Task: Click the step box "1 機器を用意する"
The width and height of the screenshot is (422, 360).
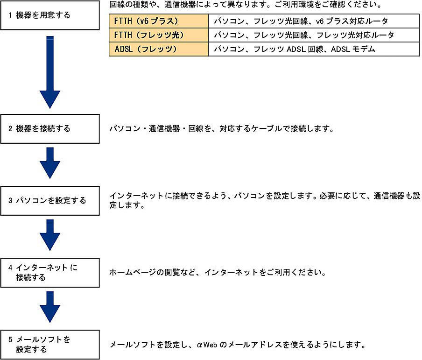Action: pos(50,15)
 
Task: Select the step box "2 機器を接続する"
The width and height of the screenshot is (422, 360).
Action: pos(50,128)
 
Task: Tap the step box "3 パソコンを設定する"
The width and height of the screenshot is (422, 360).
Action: pos(50,201)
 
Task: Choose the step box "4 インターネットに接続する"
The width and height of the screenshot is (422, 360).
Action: pos(50,273)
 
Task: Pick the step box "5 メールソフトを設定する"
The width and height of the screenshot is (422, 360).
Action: pos(50,345)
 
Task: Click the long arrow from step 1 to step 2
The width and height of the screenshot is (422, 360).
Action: pos(50,72)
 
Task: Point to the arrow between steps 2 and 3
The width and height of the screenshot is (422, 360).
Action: pos(50,163)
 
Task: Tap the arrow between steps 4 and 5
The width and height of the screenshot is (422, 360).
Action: pos(50,307)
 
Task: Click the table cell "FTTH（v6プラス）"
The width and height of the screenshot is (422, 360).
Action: pos(158,21)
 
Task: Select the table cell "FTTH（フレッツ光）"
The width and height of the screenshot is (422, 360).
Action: pos(158,35)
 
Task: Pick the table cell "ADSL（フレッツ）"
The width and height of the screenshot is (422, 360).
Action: pos(158,49)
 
